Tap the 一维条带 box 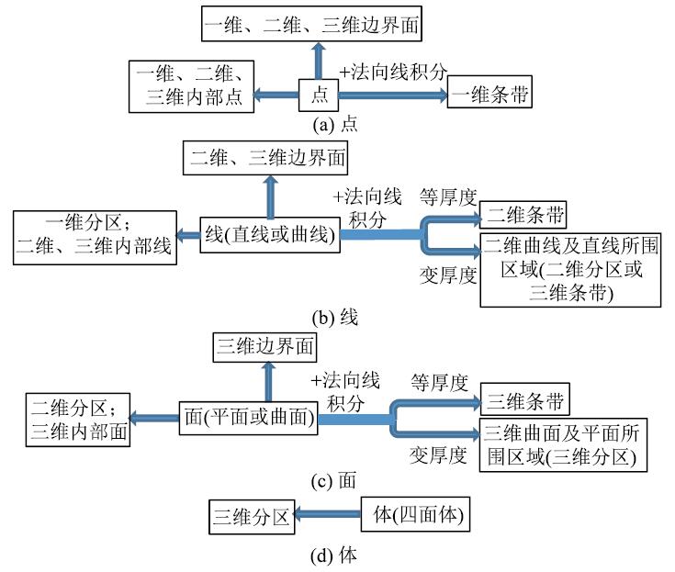(x=489, y=94)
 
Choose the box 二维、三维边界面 (x=269, y=157)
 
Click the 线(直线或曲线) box (x=269, y=235)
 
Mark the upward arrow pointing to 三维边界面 (x=269, y=379)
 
